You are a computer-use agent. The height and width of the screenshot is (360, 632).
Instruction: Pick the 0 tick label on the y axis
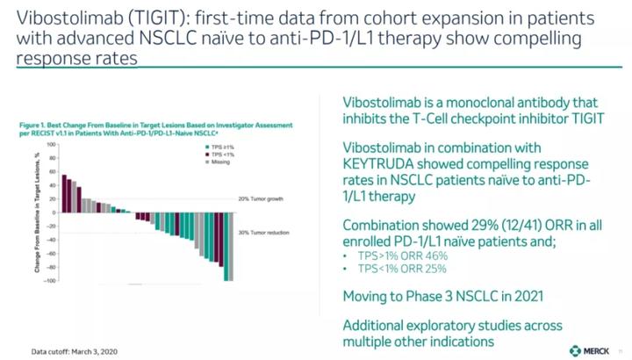click(x=54, y=212)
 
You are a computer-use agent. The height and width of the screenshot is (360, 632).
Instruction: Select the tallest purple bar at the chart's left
click(x=64, y=194)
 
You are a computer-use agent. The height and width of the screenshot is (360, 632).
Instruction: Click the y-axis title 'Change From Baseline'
click(x=38, y=212)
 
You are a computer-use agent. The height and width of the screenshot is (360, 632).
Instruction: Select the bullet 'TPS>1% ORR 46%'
click(x=392, y=254)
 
